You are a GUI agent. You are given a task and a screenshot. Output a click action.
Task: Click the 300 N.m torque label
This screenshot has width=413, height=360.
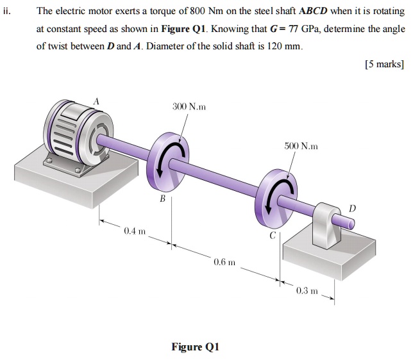pos(189,106)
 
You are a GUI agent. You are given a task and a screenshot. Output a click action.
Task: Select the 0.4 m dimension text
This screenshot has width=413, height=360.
pos(135,230)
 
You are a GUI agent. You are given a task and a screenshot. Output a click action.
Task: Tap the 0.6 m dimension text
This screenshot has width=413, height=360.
pos(225,262)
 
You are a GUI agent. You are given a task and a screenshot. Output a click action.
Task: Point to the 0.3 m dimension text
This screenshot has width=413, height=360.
pos(307,290)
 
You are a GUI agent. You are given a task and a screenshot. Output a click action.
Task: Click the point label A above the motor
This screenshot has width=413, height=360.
pos(97,101)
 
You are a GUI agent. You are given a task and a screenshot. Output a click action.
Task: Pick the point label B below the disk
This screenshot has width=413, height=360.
pos(162,199)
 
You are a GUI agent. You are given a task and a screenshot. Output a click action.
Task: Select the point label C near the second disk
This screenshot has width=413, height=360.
pos(272,234)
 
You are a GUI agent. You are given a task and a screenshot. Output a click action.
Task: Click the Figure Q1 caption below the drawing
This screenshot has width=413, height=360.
pos(196,347)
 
